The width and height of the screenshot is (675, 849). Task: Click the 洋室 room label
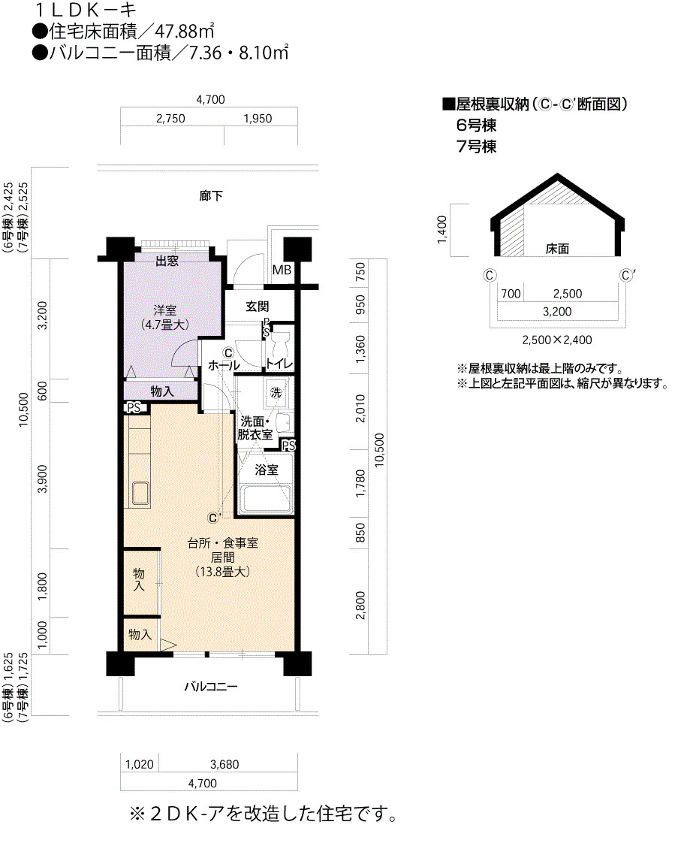(x=165, y=310)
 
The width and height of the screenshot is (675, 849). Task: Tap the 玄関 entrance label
(x=257, y=307)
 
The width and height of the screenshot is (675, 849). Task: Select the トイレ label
(x=279, y=364)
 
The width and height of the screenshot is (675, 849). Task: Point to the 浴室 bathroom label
(x=267, y=470)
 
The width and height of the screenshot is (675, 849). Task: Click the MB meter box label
(x=282, y=270)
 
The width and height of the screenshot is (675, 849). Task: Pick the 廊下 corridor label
(x=210, y=195)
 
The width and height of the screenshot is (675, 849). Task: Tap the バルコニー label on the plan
(x=210, y=687)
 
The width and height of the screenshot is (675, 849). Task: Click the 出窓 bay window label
(x=167, y=261)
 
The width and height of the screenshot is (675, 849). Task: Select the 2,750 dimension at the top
(x=170, y=119)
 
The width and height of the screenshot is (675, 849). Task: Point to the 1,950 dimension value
(x=258, y=119)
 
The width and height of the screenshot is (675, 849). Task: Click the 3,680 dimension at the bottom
(x=224, y=765)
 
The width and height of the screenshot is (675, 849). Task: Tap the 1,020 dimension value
(x=139, y=765)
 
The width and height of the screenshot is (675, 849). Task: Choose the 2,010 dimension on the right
(x=360, y=408)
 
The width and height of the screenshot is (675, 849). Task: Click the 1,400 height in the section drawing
(x=442, y=230)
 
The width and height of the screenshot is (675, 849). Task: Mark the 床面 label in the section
(x=557, y=249)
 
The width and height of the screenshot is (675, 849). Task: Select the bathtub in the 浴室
(x=266, y=499)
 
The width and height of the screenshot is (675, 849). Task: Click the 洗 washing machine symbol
(x=276, y=392)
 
